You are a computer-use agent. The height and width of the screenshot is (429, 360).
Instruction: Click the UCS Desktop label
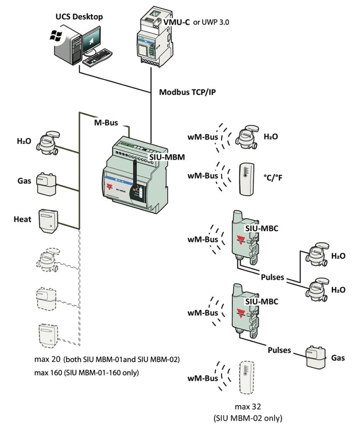click(80, 16)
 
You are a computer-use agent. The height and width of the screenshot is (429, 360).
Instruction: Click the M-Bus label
click(105, 122)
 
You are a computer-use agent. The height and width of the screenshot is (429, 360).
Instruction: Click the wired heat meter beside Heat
click(47, 220)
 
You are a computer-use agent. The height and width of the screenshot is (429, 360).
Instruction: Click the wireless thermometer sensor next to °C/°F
click(247, 178)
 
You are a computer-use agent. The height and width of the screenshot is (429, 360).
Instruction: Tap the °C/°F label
click(273, 178)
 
